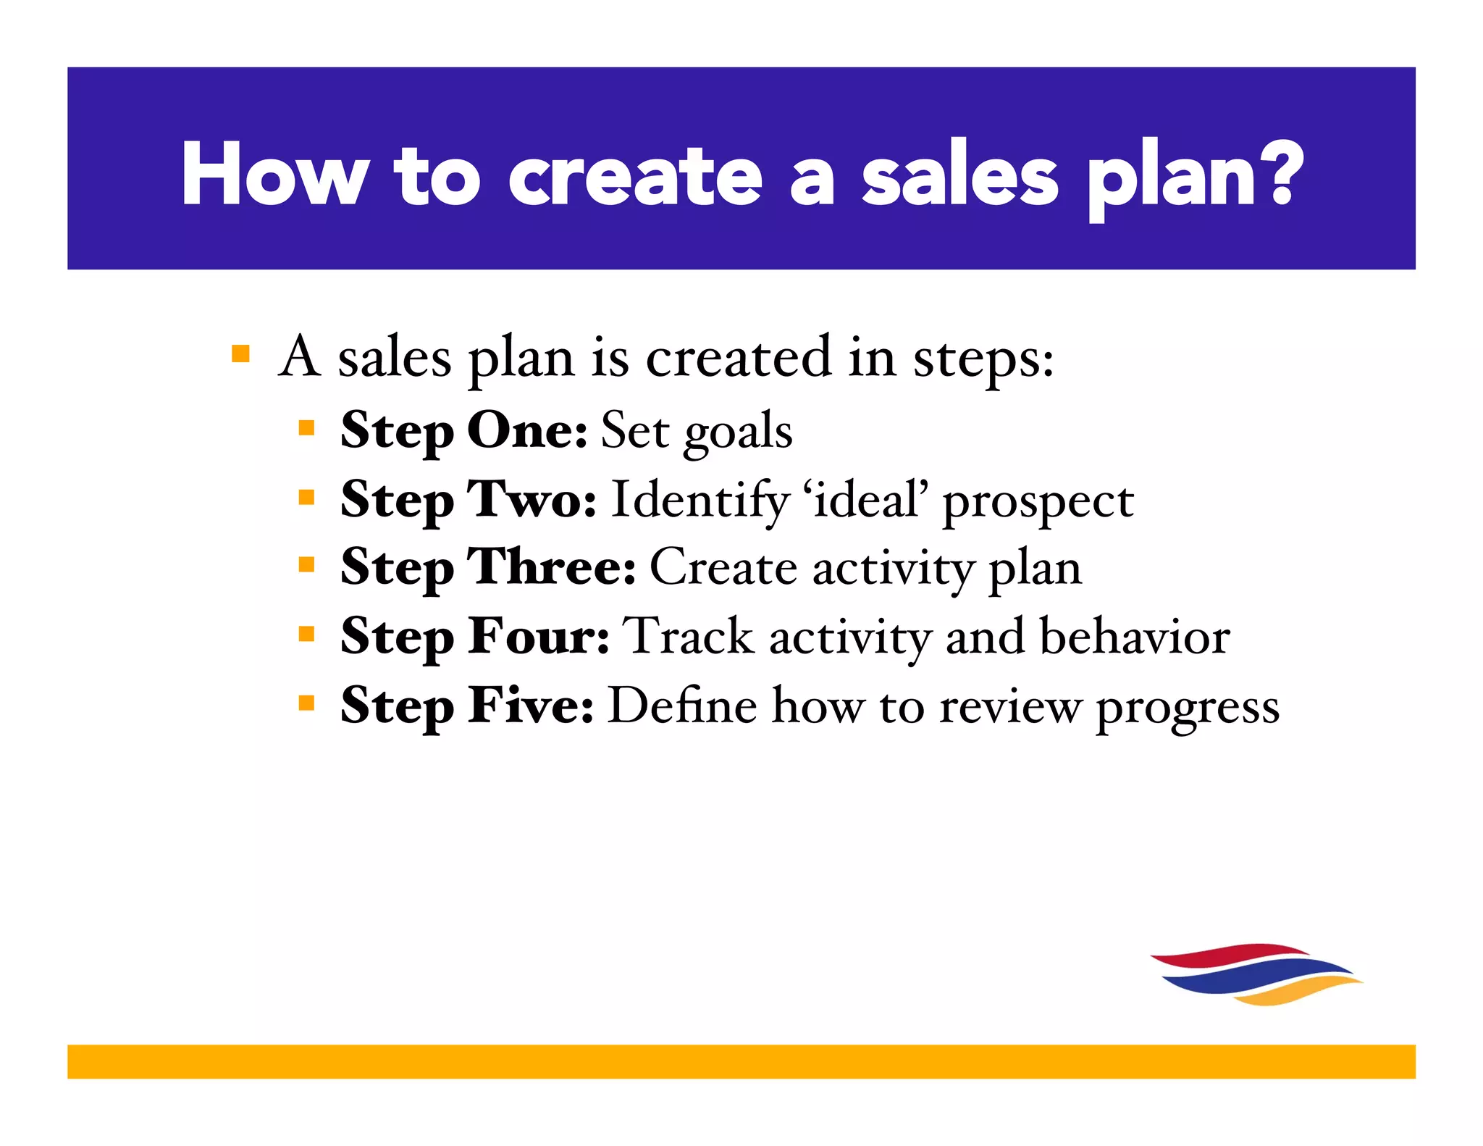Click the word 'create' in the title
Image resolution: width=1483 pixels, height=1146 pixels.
(635, 176)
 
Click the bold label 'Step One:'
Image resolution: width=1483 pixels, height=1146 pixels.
(464, 431)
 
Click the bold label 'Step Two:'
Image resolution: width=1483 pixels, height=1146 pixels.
(469, 500)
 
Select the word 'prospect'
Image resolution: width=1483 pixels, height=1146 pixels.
(1038, 502)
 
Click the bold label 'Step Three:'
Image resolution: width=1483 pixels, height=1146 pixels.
(488, 567)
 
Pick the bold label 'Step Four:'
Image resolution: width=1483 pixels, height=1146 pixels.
(475, 636)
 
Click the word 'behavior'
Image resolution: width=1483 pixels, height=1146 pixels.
(1135, 636)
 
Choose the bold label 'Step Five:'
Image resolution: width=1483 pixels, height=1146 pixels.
(467, 705)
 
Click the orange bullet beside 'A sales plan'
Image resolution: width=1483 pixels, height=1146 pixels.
(240, 354)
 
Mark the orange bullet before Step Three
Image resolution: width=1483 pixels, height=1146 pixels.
(306, 564)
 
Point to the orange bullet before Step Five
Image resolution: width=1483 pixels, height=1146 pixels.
(306, 702)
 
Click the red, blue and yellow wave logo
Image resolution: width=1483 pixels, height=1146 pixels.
(1256, 974)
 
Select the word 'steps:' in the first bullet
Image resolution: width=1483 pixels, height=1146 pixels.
(983, 359)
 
